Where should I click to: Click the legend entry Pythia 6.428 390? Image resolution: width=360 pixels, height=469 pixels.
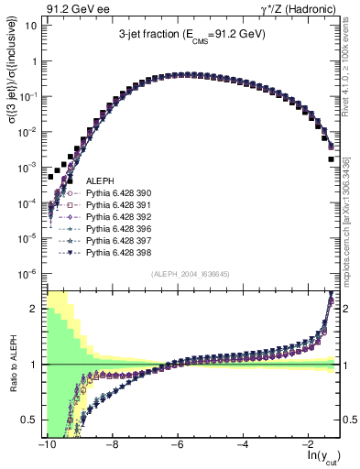(x=115, y=194)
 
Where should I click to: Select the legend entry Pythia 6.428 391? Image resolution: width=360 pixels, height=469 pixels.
(x=115, y=206)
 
